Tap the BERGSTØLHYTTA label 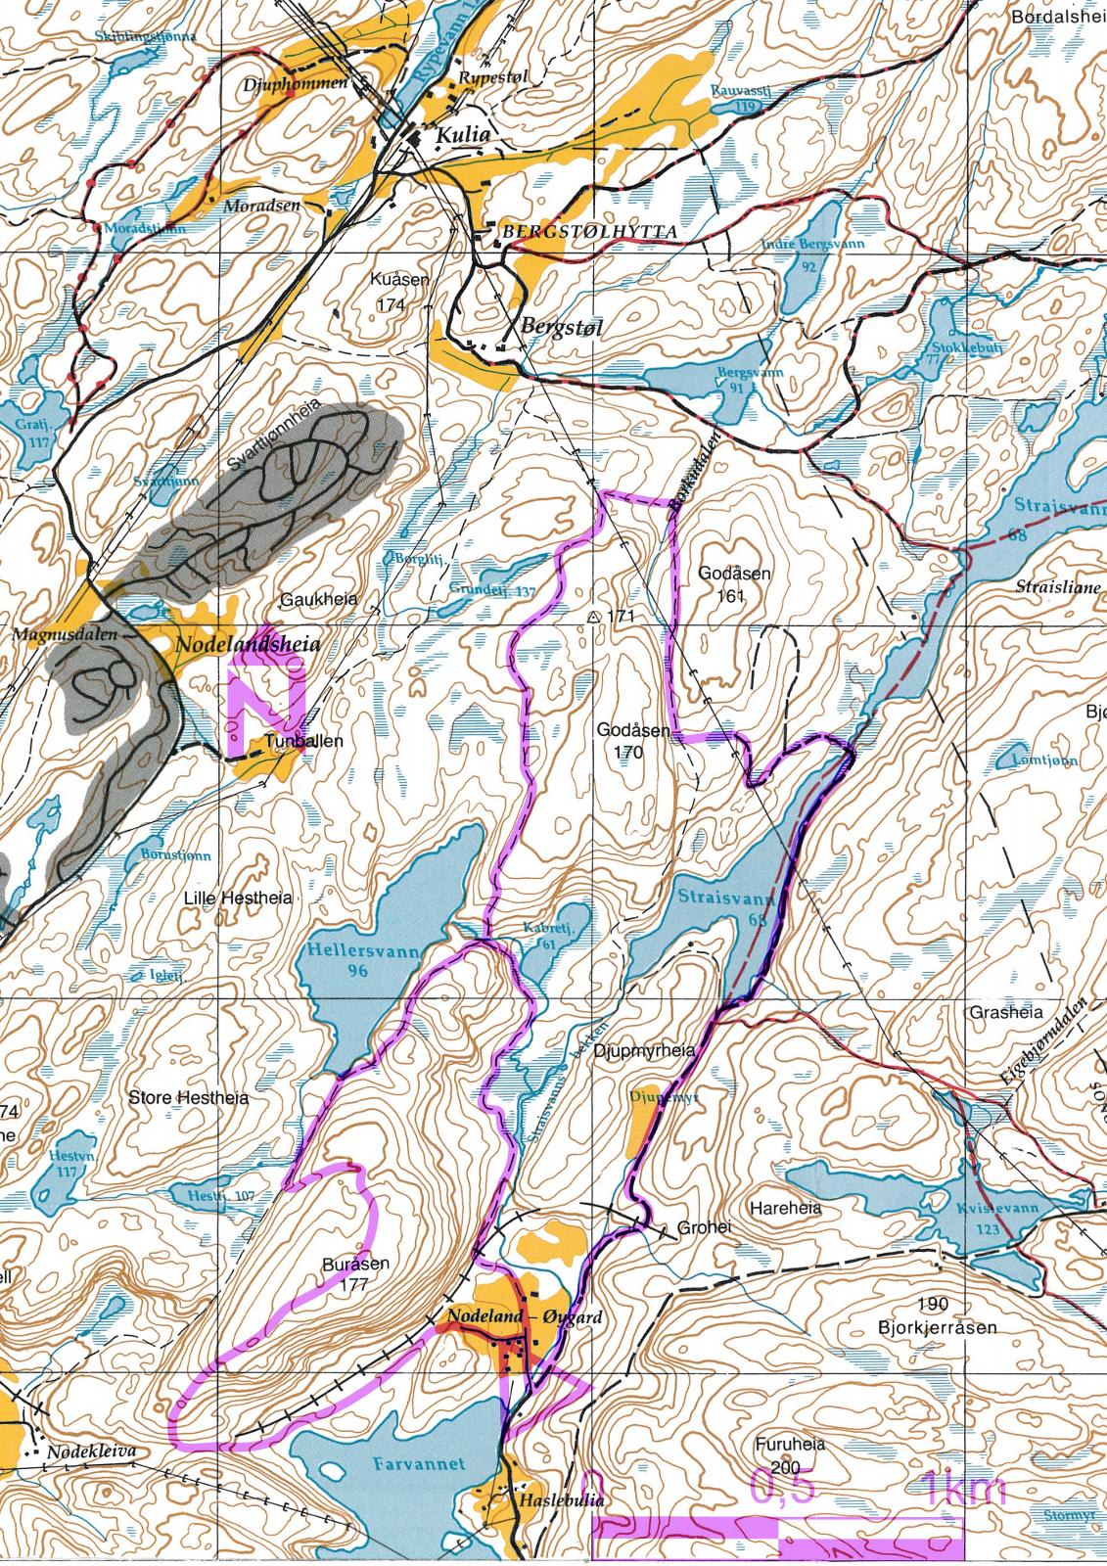589,232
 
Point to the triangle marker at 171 593,617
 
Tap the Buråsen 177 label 355,1273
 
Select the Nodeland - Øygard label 524,1318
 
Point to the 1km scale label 963,1490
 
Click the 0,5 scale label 781,1486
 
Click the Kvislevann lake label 998,1210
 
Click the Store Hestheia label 189,1097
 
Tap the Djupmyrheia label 651,1050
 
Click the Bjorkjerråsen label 937,1328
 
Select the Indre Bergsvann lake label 813,244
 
